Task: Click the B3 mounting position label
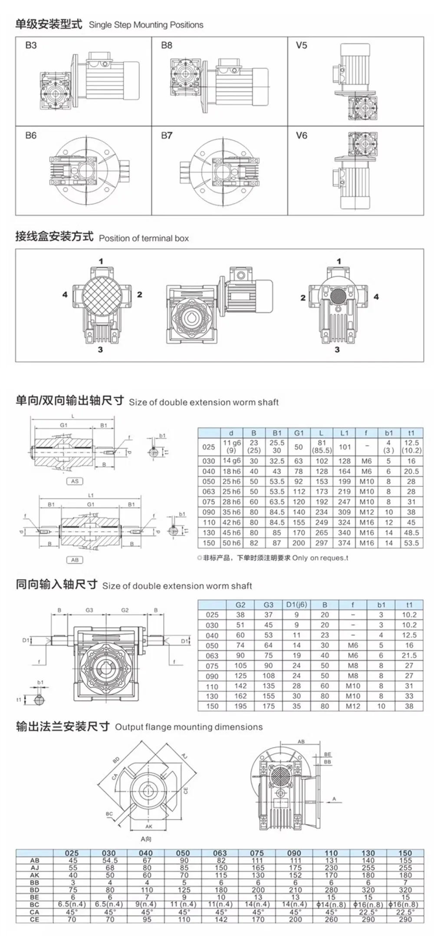(x=31, y=46)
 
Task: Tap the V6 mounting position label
(x=301, y=136)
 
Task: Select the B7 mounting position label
(x=167, y=136)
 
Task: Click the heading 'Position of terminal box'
(x=144, y=238)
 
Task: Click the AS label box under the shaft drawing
(x=75, y=481)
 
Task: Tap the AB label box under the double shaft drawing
(x=75, y=560)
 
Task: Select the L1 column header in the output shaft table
(x=344, y=433)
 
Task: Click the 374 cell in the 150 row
(x=344, y=543)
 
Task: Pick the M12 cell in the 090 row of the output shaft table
(x=367, y=512)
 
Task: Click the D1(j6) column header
(x=296, y=605)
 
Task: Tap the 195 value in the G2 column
(x=240, y=706)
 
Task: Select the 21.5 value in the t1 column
(x=409, y=655)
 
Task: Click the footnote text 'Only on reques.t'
(x=320, y=558)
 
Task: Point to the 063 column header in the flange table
(x=220, y=853)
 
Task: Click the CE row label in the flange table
(x=35, y=920)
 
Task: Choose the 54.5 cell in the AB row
(x=110, y=860)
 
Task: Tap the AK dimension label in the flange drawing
(x=149, y=827)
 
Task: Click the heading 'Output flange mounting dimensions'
(x=189, y=727)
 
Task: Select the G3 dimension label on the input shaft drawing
(x=89, y=610)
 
